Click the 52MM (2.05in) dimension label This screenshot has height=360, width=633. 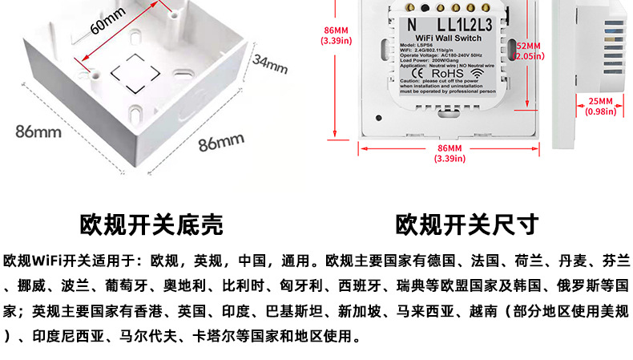pos(528,51)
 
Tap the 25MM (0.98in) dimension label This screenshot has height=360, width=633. pos(599,107)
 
